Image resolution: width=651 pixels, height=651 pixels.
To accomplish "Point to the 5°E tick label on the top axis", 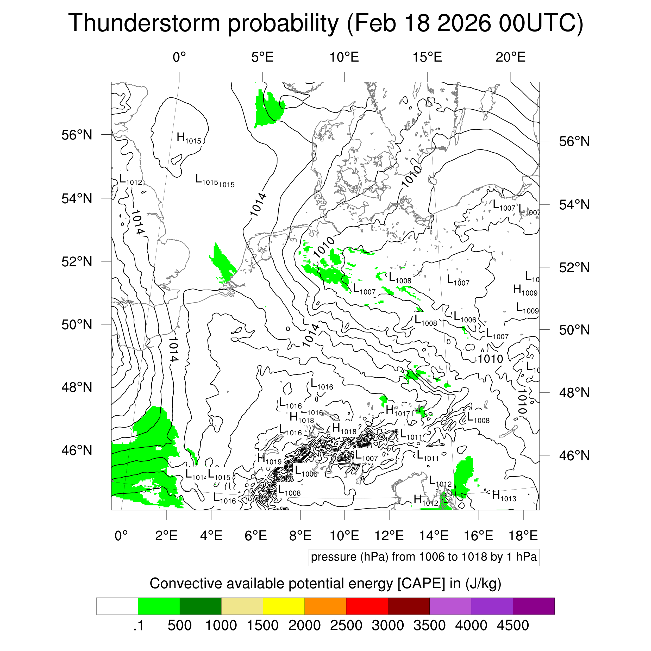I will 262,57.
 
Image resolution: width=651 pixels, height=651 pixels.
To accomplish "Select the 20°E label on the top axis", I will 510,57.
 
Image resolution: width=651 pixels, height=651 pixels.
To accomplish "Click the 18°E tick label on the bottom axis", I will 523,535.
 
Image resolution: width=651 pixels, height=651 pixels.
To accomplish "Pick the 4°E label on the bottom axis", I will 211,535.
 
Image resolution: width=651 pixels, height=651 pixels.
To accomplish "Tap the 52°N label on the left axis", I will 77,261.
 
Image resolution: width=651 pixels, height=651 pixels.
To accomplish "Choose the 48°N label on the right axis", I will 574,393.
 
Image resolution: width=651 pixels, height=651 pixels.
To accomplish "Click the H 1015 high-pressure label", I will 189,138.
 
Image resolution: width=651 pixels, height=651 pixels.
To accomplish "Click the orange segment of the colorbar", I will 325,606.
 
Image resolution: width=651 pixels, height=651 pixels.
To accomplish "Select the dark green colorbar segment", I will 200,606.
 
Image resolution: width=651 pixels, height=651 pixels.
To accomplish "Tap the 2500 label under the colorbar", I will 346,625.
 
